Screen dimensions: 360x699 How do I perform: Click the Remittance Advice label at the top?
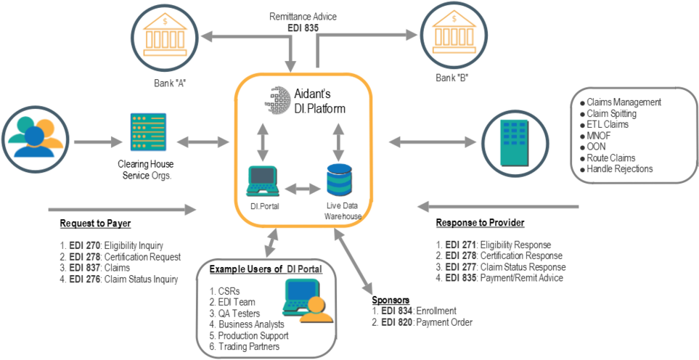point(303,16)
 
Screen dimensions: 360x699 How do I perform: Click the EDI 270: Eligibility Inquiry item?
point(113,245)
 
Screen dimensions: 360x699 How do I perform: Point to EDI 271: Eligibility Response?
point(494,245)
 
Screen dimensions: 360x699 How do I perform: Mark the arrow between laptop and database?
point(302,188)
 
